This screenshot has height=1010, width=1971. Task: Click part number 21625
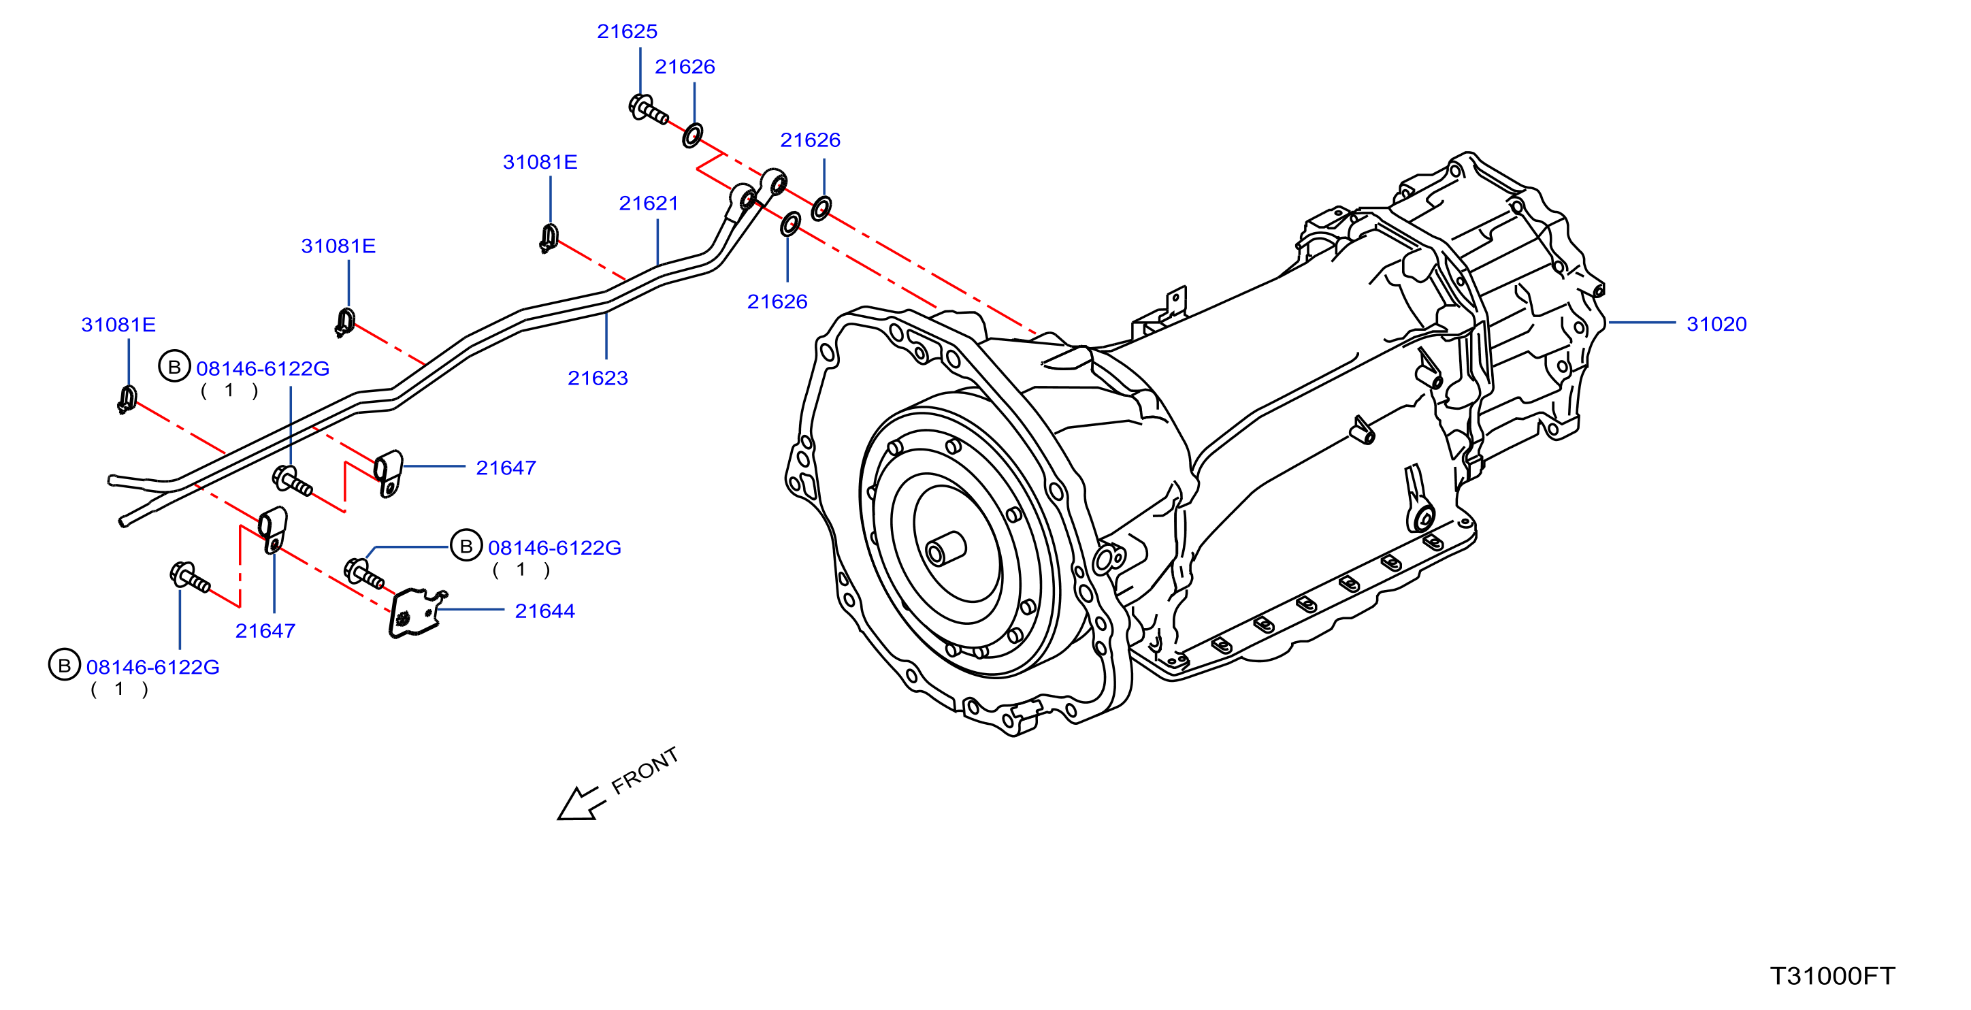pyautogui.click(x=627, y=31)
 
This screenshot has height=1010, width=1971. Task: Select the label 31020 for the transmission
pyautogui.click(x=1716, y=324)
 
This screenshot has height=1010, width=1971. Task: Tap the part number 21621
pyautogui.click(x=648, y=203)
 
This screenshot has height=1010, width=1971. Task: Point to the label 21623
pyautogui.click(x=598, y=378)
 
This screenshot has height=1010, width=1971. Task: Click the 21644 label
pyautogui.click(x=544, y=610)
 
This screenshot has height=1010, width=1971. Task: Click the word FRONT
pyautogui.click(x=645, y=769)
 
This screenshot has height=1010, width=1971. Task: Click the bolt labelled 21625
pyautogui.click(x=647, y=110)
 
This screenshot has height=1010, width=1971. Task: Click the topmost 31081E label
pyautogui.click(x=540, y=162)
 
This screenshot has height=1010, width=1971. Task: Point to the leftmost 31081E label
pyautogui.click(x=118, y=325)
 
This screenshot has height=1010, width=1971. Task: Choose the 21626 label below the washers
pyautogui.click(x=777, y=302)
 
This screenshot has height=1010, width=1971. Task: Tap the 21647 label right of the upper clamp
pyautogui.click(x=506, y=468)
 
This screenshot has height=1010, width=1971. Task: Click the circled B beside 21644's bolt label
pyautogui.click(x=466, y=547)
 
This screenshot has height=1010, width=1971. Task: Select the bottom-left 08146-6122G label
pyautogui.click(x=153, y=667)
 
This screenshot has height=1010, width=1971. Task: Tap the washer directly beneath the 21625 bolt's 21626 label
pyautogui.click(x=692, y=135)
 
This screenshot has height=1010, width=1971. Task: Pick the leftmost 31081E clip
pyautogui.click(x=127, y=399)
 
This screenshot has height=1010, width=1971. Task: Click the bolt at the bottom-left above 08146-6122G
pyautogui.click(x=190, y=577)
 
